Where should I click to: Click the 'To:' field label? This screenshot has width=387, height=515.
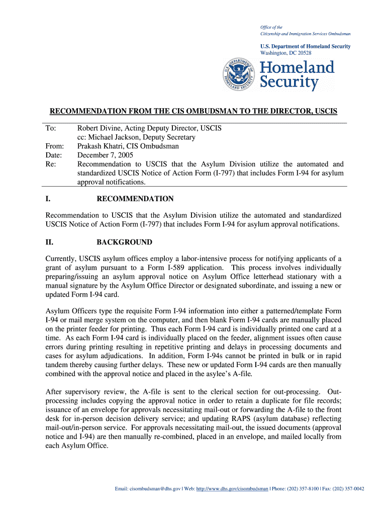tap(51, 128)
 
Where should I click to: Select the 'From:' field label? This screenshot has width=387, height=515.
tap(54, 146)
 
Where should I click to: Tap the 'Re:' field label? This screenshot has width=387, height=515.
tap(50, 164)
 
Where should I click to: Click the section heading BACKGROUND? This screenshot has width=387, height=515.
tap(124, 242)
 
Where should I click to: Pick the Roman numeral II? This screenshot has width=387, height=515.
tap(49, 242)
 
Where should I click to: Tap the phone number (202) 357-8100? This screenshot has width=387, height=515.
tap(301, 488)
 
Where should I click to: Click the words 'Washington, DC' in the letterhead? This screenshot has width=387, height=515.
tap(275, 53)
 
